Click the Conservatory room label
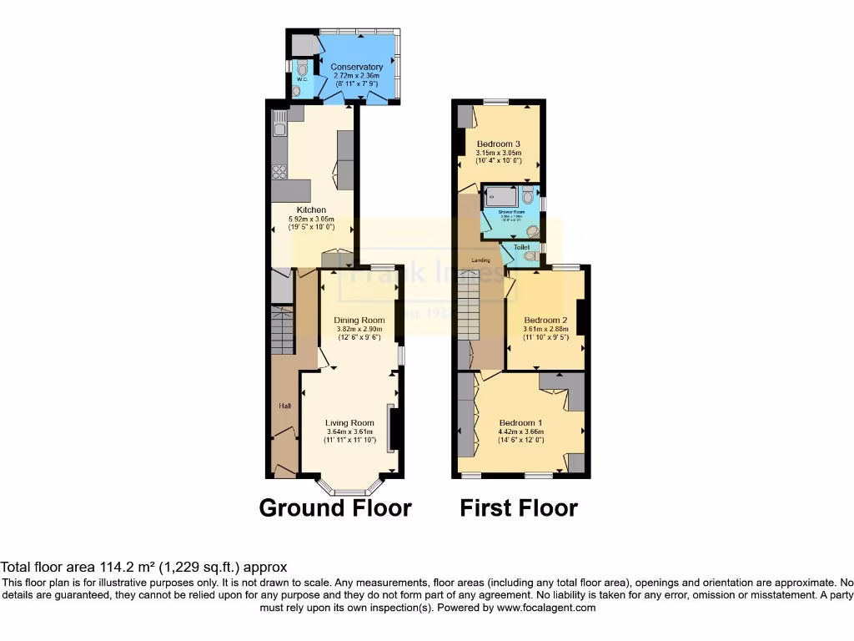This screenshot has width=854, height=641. coord(356,67)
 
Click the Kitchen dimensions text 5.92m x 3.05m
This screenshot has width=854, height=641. coord(311,218)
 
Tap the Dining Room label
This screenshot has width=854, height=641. coord(359,320)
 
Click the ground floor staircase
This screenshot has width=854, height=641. coord(283,331)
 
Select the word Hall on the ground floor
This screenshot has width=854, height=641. coord(284,406)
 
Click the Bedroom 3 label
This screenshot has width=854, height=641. coord(498,144)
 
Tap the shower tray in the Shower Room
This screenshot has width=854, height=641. coord(502,197)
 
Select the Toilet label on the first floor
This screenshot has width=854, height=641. coord(521,248)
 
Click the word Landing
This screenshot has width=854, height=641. coord(480,260)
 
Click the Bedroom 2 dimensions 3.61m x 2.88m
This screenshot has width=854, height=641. coord(545,329)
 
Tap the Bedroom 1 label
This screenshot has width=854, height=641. coord(520,421)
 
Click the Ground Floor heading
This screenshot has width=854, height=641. coord(335,507)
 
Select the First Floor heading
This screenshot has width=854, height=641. coord(518,507)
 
